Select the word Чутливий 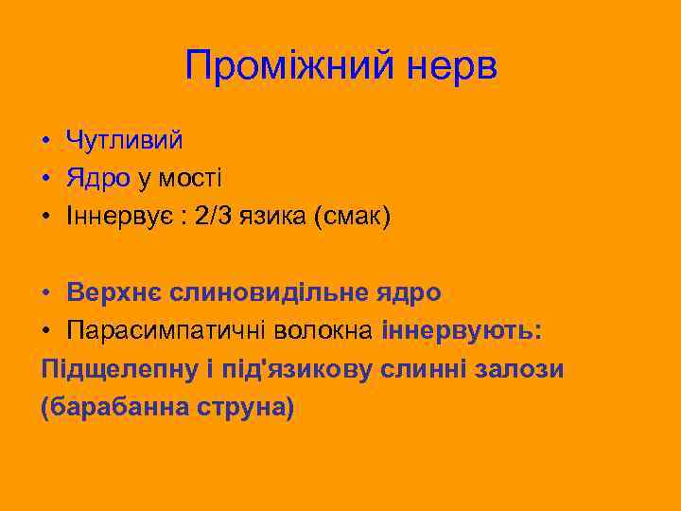pos(124,140)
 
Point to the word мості pos(194,178)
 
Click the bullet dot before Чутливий pos(45,141)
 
